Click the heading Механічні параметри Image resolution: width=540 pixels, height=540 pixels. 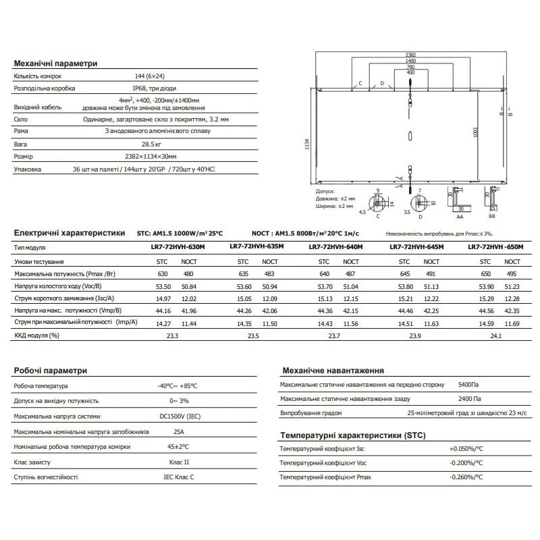[56, 63]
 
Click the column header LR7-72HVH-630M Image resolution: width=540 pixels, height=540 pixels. [178, 248]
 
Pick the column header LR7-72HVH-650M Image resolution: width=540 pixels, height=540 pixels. [495, 247]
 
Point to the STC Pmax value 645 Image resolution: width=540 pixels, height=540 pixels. [404, 274]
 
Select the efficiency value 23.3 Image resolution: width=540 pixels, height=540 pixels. [172, 335]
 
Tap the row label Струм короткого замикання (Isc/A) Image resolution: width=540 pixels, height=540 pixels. [63, 298]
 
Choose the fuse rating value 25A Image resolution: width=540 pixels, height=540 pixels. [178, 431]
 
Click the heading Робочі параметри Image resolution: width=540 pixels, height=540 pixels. [51, 371]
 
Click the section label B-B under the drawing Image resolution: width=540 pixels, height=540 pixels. [491, 217]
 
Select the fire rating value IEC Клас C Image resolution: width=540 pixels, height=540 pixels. [178, 477]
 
